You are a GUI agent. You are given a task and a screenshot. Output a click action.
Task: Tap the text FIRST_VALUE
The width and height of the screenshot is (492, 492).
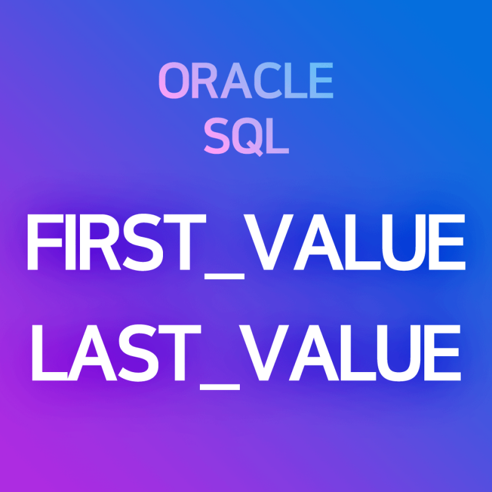click(246, 245)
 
